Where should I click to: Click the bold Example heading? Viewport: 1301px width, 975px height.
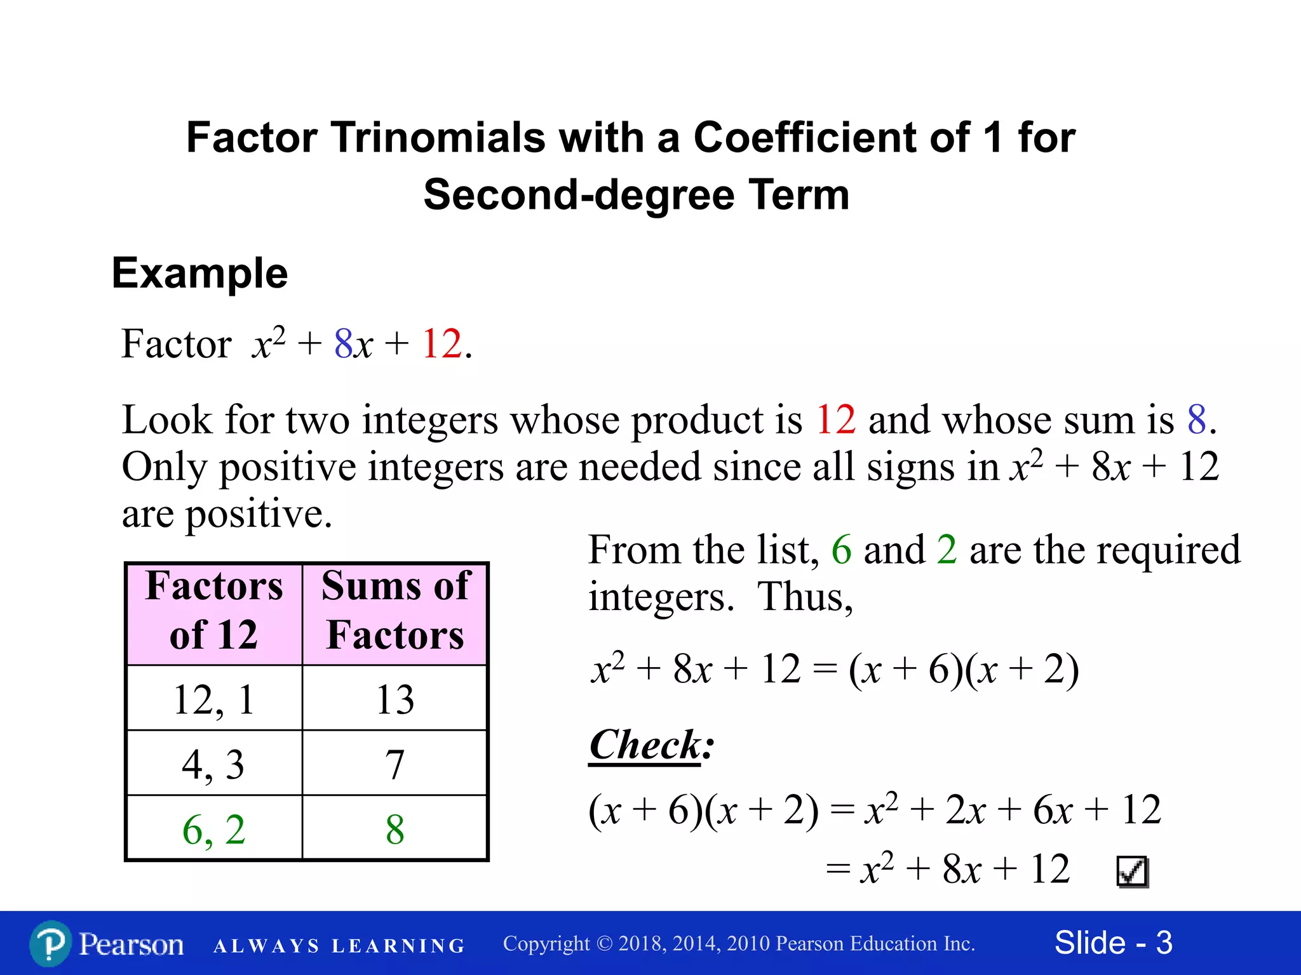tap(200, 274)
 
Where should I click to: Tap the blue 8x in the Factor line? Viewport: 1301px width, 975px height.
tap(353, 345)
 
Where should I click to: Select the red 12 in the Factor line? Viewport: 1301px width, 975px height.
tap(442, 345)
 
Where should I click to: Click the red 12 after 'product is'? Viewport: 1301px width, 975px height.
tap(836, 420)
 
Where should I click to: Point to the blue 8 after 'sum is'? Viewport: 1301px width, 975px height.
tap(1197, 420)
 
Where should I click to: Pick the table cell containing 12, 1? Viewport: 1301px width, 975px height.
tap(214, 700)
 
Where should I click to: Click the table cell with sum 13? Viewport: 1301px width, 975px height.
tap(395, 700)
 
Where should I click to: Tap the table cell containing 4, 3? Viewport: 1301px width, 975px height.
tap(214, 764)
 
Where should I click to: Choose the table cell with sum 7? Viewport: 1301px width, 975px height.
tap(395, 764)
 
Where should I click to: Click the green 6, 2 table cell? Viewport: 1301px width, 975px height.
tap(214, 829)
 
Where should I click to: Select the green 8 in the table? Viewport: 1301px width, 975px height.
tap(395, 829)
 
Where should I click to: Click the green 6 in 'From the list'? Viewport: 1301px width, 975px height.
tap(841, 550)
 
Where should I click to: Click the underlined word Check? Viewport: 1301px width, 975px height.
tap(645, 745)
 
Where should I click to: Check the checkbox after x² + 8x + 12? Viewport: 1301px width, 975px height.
tap(1132, 872)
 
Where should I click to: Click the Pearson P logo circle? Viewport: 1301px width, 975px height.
tap(50, 944)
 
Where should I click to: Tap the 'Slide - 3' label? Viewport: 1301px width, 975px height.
tap(1113, 943)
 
